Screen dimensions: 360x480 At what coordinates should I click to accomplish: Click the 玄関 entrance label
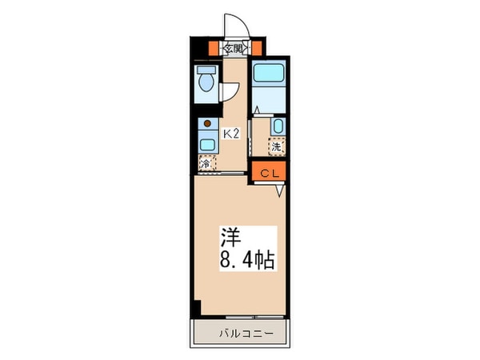click(x=234, y=49)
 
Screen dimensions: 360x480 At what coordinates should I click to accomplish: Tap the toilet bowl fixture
click(x=206, y=81)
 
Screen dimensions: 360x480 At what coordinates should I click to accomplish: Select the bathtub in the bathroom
click(x=271, y=74)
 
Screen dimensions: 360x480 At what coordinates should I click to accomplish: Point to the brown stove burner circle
click(x=207, y=125)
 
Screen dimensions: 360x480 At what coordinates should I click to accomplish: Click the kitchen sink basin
click(x=207, y=145)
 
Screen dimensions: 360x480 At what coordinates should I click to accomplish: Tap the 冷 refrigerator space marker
click(x=206, y=163)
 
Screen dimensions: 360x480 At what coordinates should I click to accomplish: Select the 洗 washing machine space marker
click(x=276, y=146)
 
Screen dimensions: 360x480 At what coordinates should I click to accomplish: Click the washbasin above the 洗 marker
click(x=277, y=126)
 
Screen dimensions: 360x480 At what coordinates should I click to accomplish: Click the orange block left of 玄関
click(x=214, y=48)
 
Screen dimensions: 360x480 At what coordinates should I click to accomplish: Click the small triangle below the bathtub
click(x=256, y=110)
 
